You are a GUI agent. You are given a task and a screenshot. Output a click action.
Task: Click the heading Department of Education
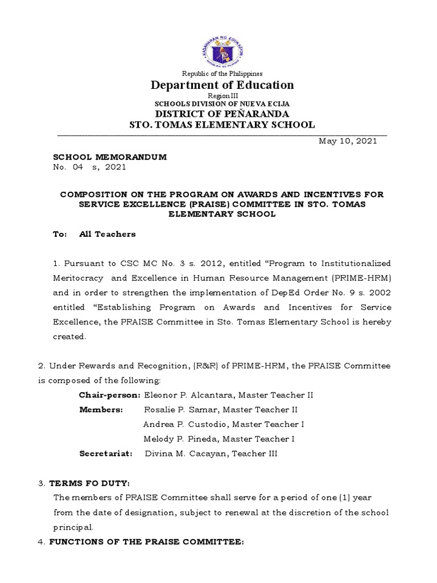tap(222, 85)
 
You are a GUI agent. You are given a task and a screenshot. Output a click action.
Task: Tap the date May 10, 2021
tap(347, 141)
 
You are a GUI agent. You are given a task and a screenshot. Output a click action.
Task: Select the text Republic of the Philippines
tap(222, 73)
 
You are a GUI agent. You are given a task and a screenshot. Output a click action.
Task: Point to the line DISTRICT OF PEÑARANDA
tap(222, 113)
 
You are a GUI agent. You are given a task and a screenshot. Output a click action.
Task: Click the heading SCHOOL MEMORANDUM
tap(110, 157)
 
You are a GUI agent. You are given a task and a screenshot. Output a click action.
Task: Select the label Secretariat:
tap(106, 454)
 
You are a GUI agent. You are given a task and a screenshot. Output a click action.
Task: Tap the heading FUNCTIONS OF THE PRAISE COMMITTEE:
tap(146, 542)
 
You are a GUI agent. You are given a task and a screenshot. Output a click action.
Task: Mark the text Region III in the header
tap(222, 97)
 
